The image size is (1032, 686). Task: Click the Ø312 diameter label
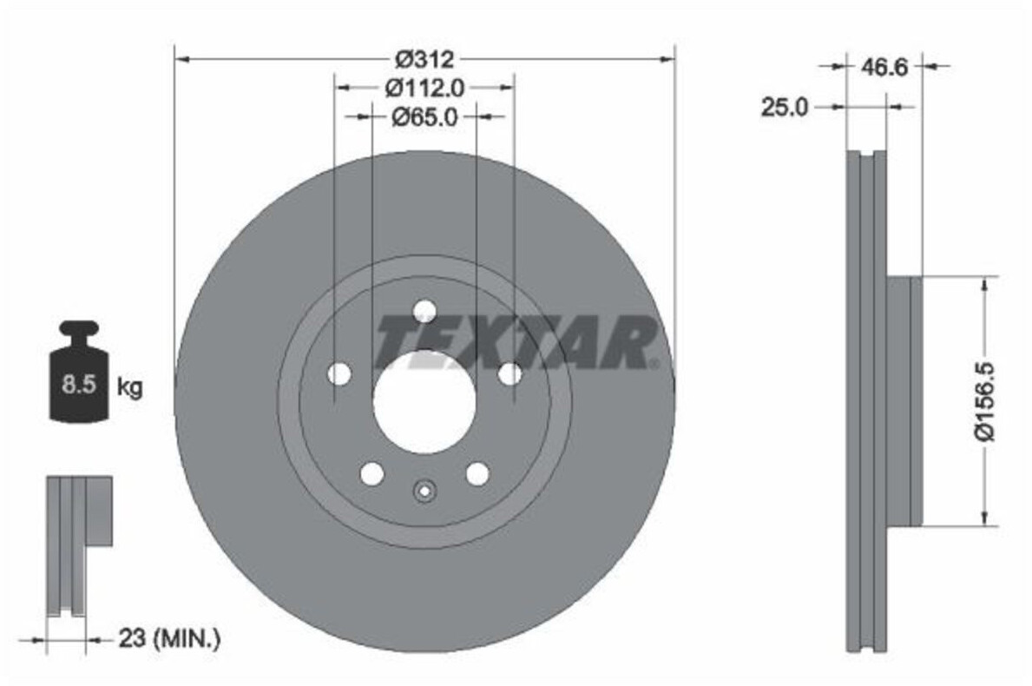(424, 59)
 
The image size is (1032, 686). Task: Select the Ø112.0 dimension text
(424, 88)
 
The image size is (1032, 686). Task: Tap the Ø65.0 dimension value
(424, 117)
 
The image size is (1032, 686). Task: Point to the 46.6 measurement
(884, 67)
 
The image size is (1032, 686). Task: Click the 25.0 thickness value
(785, 107)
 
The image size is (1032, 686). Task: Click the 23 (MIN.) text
(169, 638)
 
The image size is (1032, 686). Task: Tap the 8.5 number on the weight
(79, 384)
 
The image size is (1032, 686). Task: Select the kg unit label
(129, 387)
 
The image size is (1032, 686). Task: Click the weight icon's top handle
(79, 328)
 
